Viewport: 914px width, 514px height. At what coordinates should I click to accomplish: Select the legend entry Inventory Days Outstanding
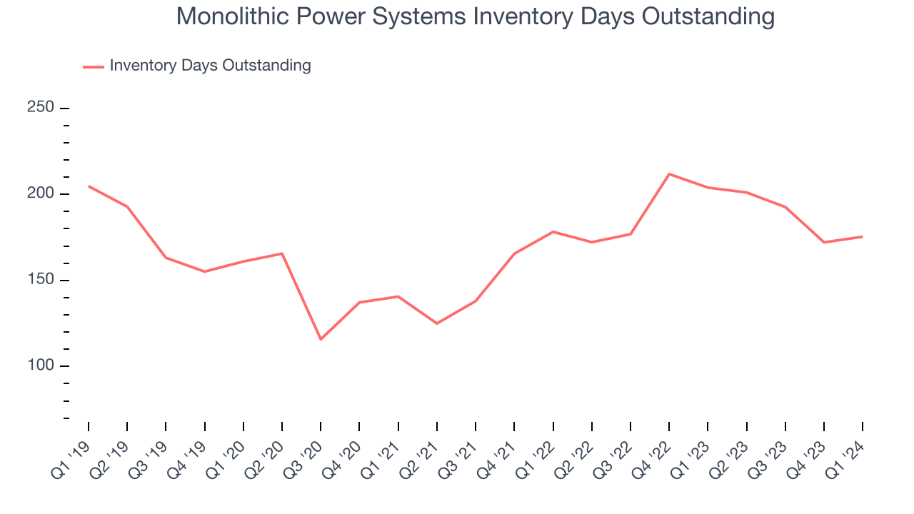coord(210,66)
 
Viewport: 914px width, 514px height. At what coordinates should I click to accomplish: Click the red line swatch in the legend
coord(94,66)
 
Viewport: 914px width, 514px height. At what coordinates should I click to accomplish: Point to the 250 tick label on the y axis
coord(41,107)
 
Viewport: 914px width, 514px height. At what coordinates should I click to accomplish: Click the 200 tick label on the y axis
coord(41,193)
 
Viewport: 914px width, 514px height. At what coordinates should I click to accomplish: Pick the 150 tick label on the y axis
coord(41,279)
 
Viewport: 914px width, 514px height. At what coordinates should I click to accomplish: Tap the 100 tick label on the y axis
coord(41,366)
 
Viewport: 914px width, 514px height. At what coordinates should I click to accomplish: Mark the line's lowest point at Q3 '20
coord(321,339)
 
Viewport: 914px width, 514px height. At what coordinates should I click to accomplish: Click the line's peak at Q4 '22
coord(669,173)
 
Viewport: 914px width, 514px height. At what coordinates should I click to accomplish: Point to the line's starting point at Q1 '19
coord(89,186)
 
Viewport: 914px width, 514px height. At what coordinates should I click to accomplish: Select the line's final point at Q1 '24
coord(862,236)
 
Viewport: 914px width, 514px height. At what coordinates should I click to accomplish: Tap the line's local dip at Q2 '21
coord(437,323)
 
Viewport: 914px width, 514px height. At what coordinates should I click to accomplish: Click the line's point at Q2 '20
coord(282,253)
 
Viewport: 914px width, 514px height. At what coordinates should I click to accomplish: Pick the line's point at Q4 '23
coord(823,242)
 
